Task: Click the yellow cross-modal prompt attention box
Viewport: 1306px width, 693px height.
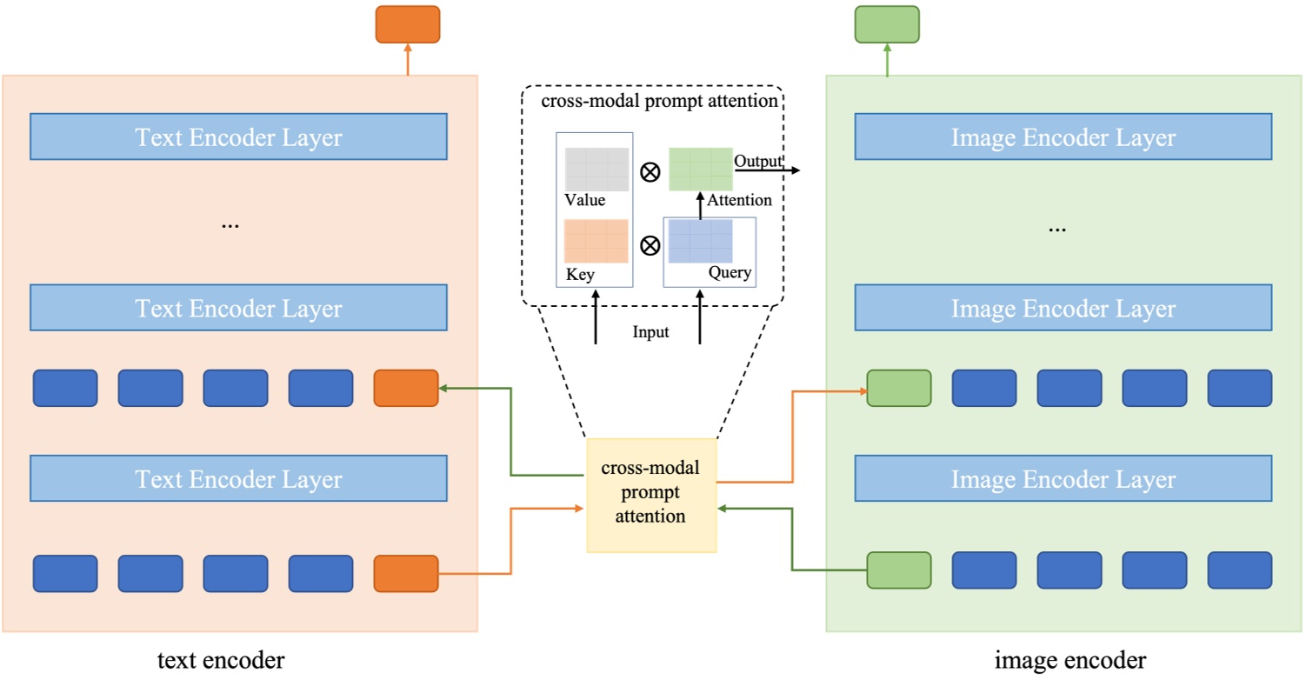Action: point(651,495)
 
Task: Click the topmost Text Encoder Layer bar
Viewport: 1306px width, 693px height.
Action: point(238,137)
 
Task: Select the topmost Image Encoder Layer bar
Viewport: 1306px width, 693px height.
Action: point(1063,137)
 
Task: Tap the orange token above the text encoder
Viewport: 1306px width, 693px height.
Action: point(407,24)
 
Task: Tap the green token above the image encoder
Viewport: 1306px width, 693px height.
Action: point(886,24)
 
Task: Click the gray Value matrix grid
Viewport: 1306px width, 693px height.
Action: point(596,170)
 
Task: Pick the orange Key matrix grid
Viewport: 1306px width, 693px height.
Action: point(596,241)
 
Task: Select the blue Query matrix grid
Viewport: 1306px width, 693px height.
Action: point(700,241)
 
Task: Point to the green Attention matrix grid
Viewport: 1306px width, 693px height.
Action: point(700,170)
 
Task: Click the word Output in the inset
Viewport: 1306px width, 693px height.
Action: point(757,161)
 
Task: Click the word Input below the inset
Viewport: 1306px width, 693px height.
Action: point(650,332)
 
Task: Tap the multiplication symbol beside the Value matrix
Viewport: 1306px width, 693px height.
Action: point(650,172)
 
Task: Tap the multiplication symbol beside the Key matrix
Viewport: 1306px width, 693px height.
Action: point(650,244)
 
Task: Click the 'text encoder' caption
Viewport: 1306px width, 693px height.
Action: point(221,661)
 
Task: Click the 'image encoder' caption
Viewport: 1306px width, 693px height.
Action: point(1070,661)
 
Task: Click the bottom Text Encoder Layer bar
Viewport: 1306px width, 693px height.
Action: point(238,479)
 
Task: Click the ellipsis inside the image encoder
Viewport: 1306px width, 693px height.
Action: point(1056,229)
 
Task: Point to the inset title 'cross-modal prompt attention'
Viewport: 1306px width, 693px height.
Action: point(658,101)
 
